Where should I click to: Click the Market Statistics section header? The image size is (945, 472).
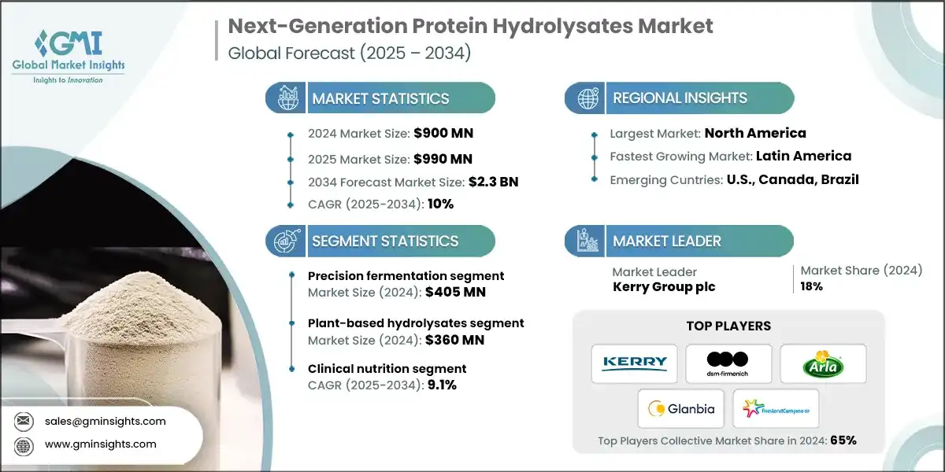point(380,98)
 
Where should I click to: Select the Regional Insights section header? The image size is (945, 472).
point(680,98)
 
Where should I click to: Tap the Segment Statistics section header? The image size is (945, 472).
point(384,241)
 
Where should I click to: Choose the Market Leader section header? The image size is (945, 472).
point(666,241)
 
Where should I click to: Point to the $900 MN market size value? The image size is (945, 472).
point(443,133)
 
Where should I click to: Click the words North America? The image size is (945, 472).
point(755,133)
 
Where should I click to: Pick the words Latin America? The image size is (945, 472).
point(803,156)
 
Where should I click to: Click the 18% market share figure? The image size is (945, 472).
point(811,286)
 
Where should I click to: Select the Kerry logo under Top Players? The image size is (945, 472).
point(634,363)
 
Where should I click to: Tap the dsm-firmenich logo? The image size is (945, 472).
point(728,363)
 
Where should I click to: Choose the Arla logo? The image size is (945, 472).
point(823,363)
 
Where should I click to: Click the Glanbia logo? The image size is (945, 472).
point(681,408)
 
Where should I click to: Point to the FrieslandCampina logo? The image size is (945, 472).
point(776,408)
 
